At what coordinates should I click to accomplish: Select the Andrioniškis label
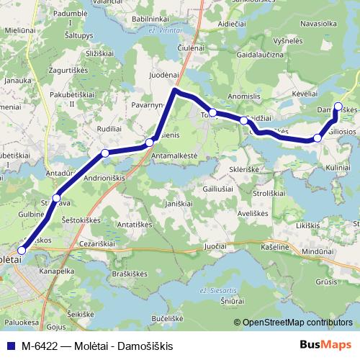tap(105, 178)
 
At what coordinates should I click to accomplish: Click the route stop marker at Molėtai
tap(21, 250)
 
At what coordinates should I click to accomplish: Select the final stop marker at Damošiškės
tap(338, 107)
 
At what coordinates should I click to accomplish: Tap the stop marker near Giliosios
tap(318, 138)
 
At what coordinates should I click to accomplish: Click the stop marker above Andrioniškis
tap(105, 153)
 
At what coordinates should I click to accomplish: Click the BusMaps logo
tap(329, 346)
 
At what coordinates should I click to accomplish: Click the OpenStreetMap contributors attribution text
tap(297, 323)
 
